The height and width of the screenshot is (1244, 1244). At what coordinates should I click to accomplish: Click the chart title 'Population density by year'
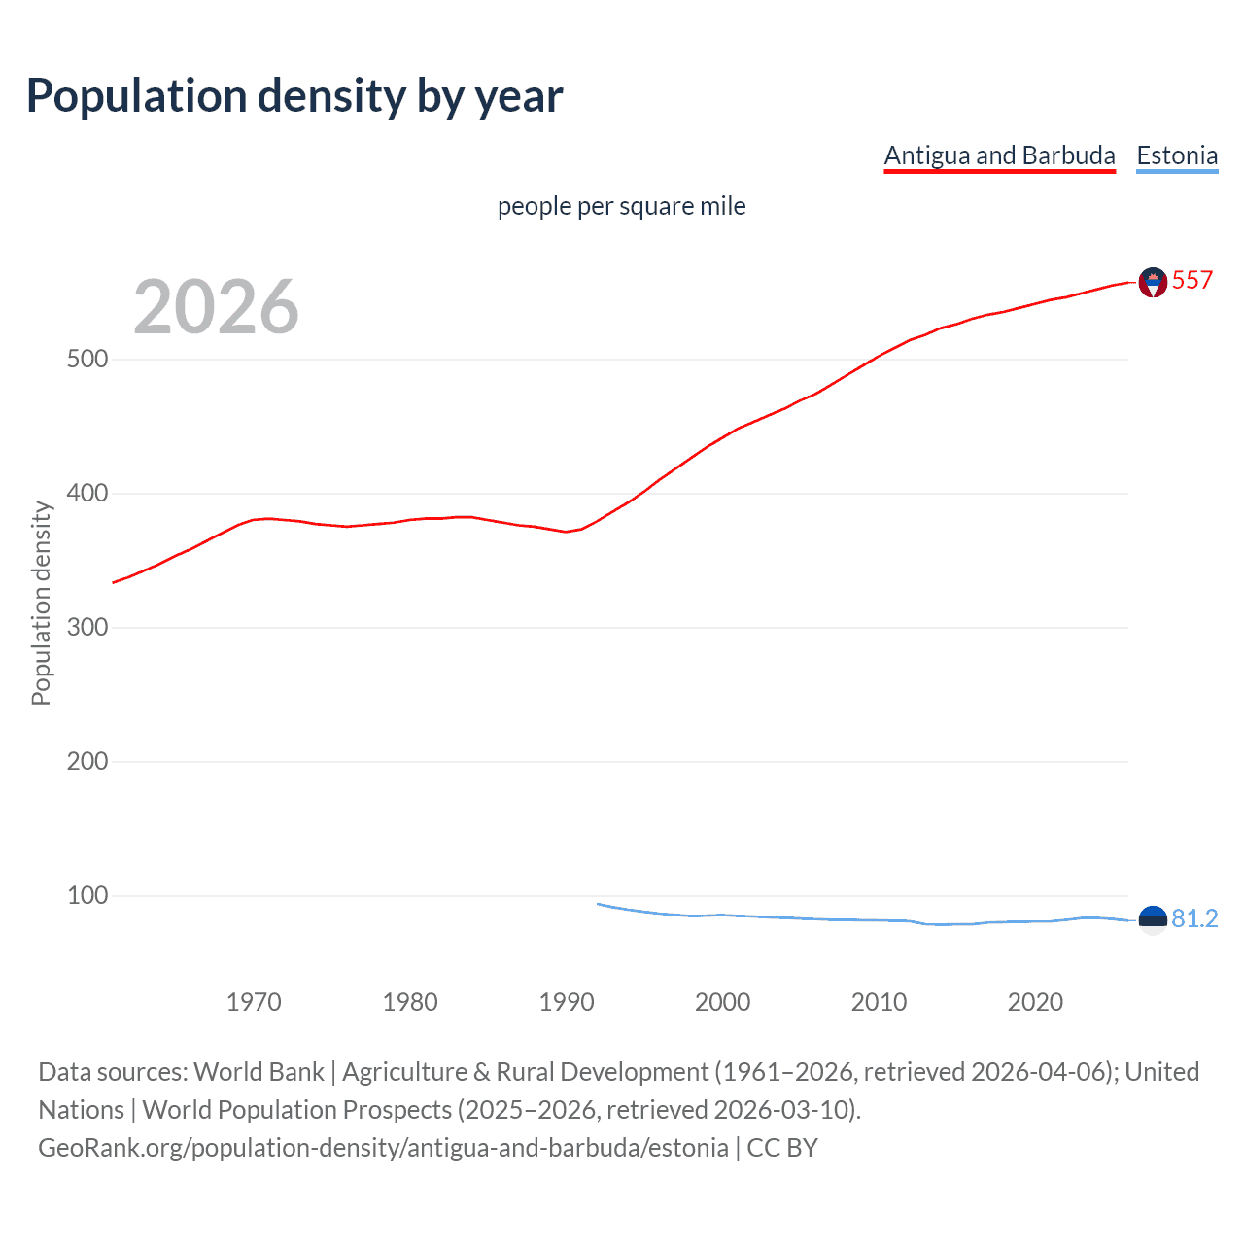(294, 96)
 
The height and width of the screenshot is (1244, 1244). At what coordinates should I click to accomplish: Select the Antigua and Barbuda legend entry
(999, 155)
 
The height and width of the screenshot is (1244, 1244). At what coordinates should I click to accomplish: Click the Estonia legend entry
(1177, 155)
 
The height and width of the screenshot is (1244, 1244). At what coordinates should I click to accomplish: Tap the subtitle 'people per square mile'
(621, 206)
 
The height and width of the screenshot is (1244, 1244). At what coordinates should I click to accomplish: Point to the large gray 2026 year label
(216, 307)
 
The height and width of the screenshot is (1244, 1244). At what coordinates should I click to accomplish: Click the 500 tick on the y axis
(86, 360)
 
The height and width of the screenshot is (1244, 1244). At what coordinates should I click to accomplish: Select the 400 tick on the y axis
(86, 494)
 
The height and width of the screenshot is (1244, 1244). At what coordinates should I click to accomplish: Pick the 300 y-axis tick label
(86, 628)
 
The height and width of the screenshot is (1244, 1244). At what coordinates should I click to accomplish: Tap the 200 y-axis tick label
(86, 762)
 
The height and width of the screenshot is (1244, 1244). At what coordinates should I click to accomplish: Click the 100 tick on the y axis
(86, 896)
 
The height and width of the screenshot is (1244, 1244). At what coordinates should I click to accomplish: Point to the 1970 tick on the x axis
(254, 1002)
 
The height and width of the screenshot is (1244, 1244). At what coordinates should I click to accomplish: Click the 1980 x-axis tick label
(410, 1002)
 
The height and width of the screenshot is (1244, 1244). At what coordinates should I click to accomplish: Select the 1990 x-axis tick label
(567, 1002)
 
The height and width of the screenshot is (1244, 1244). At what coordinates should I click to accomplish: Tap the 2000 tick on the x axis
(722, 1002)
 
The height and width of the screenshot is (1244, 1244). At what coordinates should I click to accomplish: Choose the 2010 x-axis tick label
(879, 1002)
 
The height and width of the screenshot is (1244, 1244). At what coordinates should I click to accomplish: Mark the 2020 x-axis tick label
(1035, 1002)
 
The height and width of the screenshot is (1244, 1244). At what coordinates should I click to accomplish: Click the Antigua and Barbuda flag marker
(1153, 282)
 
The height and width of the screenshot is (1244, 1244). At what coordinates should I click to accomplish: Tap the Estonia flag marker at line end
(1153, 918)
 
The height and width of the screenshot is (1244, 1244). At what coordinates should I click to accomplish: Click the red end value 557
(1192, 281)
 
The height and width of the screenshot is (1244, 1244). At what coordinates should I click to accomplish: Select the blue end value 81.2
(1194, 918)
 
